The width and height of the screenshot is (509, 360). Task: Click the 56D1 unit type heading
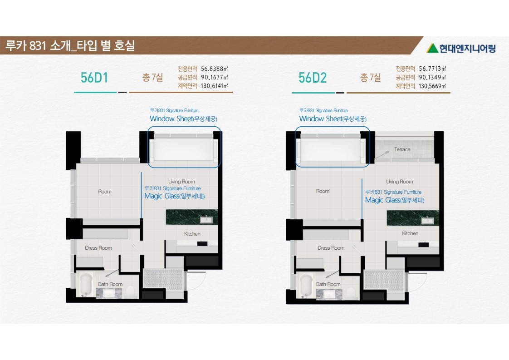coord(94,78)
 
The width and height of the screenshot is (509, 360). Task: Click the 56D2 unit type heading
coord(312,78)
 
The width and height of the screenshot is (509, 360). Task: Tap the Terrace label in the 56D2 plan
coord(402,149)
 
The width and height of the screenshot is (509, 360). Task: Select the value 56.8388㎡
coord(214,69)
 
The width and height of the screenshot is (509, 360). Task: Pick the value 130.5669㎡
coord(432,86)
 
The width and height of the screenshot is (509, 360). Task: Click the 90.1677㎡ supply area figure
coord(214,77)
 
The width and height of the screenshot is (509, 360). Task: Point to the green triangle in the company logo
coord(432,48)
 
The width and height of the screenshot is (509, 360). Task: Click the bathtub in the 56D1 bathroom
coord(86,285)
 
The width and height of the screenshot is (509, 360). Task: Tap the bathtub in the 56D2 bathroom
coord(306,286)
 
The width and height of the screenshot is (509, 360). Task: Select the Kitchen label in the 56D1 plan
coord(192,234)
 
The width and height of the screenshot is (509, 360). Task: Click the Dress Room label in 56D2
coord(331,248)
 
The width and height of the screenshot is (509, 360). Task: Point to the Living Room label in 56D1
coord(181,182)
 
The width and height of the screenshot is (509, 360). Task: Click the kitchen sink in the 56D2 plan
coord(427,221)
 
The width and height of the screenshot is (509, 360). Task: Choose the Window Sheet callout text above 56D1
coord(183,118)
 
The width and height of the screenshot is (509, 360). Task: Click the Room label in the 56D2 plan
coord(323,192)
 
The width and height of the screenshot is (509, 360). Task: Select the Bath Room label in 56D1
coord(110,284)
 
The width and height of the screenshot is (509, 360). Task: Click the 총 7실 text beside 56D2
coord(370,77)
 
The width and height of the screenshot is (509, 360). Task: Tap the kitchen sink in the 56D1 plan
coord(206,220)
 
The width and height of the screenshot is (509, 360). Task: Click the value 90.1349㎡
coord(432,77)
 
